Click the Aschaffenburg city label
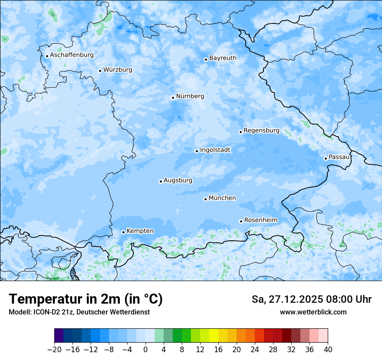click(72, 55)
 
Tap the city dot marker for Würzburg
click(100, 71)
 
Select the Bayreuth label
click(223, 58)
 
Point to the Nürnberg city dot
click(173, 98)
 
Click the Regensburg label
click(261, 130)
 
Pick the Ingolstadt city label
click(215, 150)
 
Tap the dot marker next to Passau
click(326, 158)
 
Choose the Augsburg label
click(178, 180)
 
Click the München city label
click(222, 198)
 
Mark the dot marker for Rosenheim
click(241, 221)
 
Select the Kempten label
click(140, 231)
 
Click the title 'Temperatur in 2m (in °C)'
click(86, 299)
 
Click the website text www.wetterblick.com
click(313, 312)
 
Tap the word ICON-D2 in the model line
click(44, 312)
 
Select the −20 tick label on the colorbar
click(54, 350)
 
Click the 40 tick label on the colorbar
click(328, 350)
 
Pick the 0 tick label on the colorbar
click(145, 350)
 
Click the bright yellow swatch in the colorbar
click(214, 336)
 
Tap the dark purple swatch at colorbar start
click(59, 336)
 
